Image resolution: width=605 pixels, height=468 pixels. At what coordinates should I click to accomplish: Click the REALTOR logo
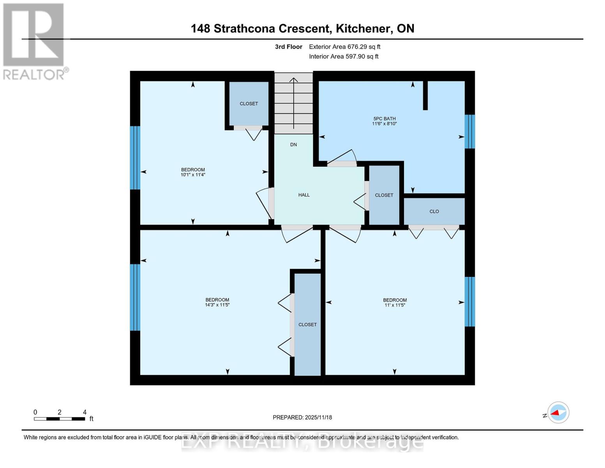34,41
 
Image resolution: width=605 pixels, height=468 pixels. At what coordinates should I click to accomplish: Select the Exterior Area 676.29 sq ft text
344,47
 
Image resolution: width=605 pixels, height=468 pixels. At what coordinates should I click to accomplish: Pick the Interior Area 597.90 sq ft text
344,57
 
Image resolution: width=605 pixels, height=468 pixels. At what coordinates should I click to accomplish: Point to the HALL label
304,195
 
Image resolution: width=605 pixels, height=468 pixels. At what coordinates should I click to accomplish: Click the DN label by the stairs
293,145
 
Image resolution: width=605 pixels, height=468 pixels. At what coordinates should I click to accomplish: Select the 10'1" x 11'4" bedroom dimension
193,175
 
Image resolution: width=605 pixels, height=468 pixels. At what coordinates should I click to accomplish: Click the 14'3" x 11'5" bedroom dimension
217,305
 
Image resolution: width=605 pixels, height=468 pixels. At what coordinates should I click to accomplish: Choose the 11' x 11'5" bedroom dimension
395,305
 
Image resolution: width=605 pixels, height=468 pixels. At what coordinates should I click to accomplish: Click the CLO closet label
434,211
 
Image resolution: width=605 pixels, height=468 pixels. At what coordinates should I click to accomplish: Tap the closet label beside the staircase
249,104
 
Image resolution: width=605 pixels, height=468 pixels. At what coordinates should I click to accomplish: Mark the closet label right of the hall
384,195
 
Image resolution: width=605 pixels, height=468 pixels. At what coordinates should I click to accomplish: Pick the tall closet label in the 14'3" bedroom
307,324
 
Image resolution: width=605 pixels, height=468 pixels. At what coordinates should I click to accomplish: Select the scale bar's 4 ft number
85,412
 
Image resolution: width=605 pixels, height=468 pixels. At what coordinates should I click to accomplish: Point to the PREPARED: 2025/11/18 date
302,417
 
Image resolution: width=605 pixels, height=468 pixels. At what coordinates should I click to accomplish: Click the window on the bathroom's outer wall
470,131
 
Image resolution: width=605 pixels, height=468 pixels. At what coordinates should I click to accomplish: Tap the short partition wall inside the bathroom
425,96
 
